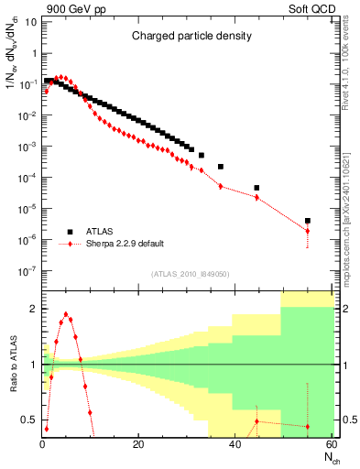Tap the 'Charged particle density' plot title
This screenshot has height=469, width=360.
pyautogui.click(x=185, y=38)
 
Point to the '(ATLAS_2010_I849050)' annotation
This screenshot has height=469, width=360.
pyautogui.click(x=190, y=273)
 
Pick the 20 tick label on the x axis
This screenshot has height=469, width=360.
pyautogui.click(x=137, y=445)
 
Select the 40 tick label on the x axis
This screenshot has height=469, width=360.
pyautogui.click(x=234, y=445)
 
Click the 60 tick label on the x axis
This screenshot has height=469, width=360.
pyautogui.click(x=330, y=445)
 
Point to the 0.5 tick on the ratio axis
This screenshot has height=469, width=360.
pyautogui.click(x=30, y=420)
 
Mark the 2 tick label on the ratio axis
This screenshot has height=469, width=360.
pyautogui.click(x=33, y=310)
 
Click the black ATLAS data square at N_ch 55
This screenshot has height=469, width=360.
pyautogui.click(x=308, y=221)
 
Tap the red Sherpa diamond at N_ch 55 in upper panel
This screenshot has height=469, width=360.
pyautogui.click(x=308, y=231)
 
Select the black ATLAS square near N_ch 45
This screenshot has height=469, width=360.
pyautogui.click(x=256, y=188)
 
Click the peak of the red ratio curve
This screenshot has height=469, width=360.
pyautogui.click(x=66, y=314)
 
